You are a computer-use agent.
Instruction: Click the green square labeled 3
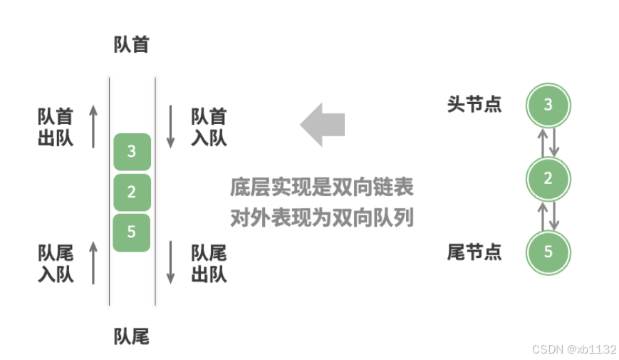coord(132,151)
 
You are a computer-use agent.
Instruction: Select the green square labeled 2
coord(132,192)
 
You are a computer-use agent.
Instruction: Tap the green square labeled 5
coord(132,232)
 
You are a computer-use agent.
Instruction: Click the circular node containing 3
coord(548,106)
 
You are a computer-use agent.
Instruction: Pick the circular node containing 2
coord(548,179)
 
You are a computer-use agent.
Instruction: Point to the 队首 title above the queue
coord(132,45)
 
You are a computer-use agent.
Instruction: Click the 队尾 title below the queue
coord(132,336)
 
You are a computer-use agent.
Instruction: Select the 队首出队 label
coord(56,127)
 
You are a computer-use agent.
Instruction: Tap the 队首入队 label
coord(209,127)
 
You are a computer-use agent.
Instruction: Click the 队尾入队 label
coord(56,263)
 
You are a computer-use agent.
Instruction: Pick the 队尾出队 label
coord(209,263)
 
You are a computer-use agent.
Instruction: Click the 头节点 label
coord(474,104)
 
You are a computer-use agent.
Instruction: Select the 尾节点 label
coord(474,252)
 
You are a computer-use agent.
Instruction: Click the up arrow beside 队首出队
coord(93,126)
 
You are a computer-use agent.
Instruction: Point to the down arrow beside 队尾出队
coord(171,262)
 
